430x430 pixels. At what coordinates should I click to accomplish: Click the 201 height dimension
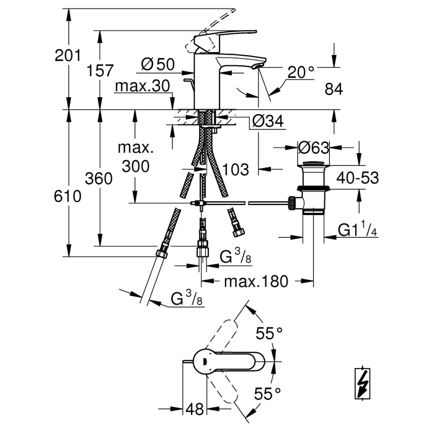tap(67, 55)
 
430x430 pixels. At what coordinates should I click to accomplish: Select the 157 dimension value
tap(101, 70)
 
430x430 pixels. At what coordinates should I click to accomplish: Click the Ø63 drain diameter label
tap(314, 147)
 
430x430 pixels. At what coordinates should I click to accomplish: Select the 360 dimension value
tap(99, 178)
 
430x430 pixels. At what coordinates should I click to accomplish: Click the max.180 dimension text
tap(256, 281)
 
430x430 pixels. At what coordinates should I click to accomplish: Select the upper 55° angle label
tap(269, 334)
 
